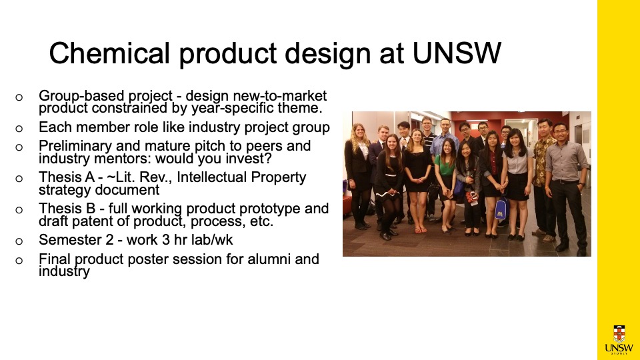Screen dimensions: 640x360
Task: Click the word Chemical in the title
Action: tap(109, 53)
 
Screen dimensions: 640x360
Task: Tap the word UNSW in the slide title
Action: tap(457, 53)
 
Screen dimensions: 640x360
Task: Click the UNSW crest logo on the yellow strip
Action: tap(619, 339)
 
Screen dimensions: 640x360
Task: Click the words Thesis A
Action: tap(67, 177)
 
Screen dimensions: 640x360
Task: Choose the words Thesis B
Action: tap(67, 209)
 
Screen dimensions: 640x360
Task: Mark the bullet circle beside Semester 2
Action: tap(19, 241)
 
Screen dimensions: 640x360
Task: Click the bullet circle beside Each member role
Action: tap(19, 129)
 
